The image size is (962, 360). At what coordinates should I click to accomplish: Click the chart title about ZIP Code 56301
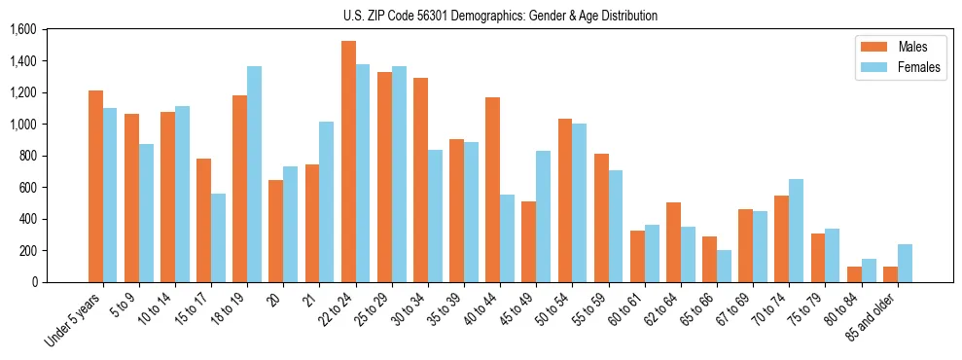coord(500,16)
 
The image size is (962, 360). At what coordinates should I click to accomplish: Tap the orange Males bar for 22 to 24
coord(348,162)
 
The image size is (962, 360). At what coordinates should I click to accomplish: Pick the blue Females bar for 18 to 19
coord(254,174)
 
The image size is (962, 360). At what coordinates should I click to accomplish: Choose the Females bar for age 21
coord(326,201)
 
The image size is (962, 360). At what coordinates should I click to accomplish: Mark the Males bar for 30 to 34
coord(420,180)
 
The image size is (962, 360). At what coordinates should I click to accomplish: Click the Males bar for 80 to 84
coord(854,274)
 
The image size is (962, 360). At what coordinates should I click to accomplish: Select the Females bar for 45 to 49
coord(543,216)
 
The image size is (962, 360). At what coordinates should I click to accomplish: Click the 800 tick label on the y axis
coord(26,156)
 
